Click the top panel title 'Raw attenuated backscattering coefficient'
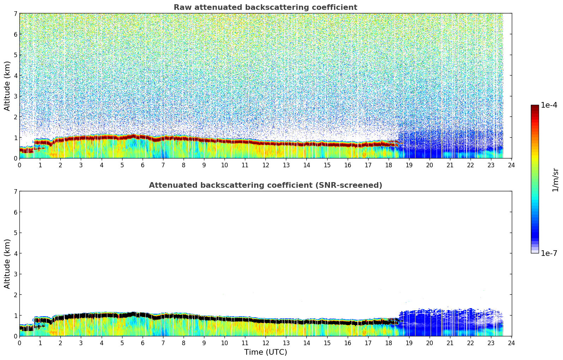coord(265,7)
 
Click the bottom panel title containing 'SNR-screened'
coord(265,185)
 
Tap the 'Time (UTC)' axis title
coord(265,352)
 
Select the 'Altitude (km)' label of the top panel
coord(7,86)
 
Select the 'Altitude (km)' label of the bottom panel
coord(7,264)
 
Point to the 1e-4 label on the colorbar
coord(549,105)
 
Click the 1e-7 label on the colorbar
coord(549,253)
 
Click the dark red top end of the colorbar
coord(534,107)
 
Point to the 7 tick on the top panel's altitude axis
coord(16,14)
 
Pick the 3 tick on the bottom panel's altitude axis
coord(16,274)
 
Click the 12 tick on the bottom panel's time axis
coord(265,343)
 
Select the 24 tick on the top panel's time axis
coord(511,165)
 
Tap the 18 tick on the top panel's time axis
coord(389,165)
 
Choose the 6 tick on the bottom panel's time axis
coord(143,343)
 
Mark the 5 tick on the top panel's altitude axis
coord(16,55)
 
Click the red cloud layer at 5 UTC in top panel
coord(122,137)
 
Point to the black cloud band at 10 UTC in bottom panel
coord(224,319)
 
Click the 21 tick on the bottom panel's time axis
coord(450,343)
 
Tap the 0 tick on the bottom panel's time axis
coord(19,343)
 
